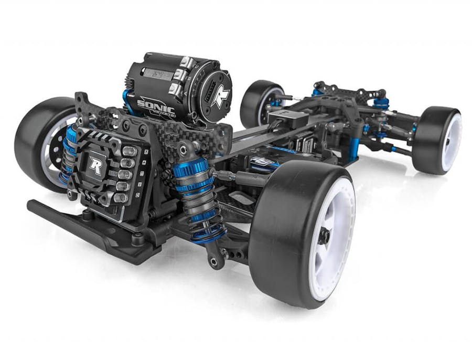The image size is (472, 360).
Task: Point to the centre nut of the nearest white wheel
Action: (x=324, y=237)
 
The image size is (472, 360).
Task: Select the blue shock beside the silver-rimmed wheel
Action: (x=69, y=152)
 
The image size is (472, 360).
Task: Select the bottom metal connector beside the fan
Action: (x=120, y=198)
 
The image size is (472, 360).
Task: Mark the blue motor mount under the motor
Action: (x=127, y=102)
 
